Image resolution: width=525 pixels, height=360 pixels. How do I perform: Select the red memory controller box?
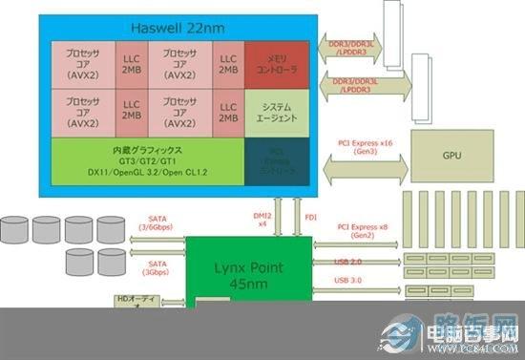276,64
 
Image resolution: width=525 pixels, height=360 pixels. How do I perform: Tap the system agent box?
276,111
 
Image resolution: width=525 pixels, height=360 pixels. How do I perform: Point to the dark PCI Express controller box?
276,161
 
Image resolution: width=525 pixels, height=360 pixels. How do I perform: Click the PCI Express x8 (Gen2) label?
363,231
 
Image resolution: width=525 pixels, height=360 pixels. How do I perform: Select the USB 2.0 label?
349,261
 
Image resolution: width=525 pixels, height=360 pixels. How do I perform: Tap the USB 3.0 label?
349,280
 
